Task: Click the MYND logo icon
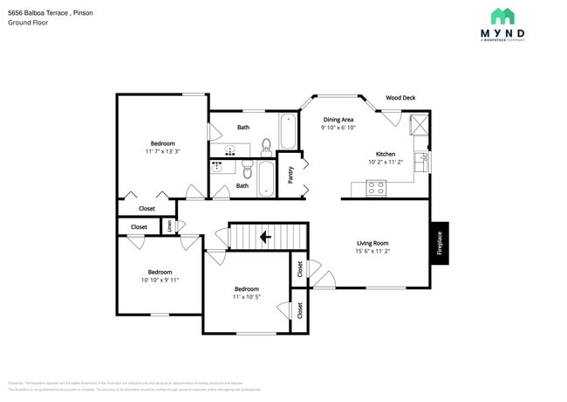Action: click(502, 16)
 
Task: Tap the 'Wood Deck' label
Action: click(401, 98)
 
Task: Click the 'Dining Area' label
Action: click(338, 119)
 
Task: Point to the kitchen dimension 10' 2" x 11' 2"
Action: click(386, 162)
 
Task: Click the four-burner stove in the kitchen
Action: click(377, 186)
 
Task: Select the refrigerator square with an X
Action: click(420, 122)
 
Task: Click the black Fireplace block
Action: click(440, 242)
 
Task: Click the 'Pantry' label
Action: click(290, 175)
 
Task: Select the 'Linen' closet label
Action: click(169, 226)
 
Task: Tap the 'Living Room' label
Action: click(372, 243)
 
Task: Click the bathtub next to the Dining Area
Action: click(287, 132)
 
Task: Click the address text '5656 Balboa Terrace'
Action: click(38, 13)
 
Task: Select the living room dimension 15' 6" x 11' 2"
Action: click(372, 252)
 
